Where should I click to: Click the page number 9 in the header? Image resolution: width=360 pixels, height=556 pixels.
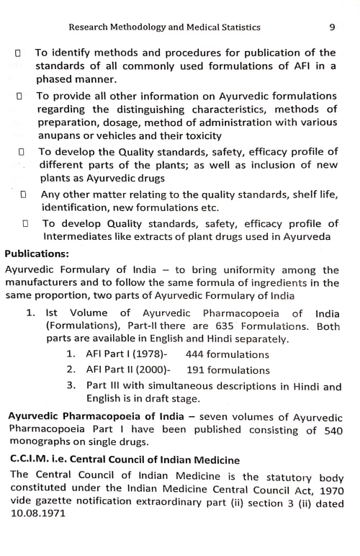[332, 28]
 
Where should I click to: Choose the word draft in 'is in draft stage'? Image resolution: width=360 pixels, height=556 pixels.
[168, 396]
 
